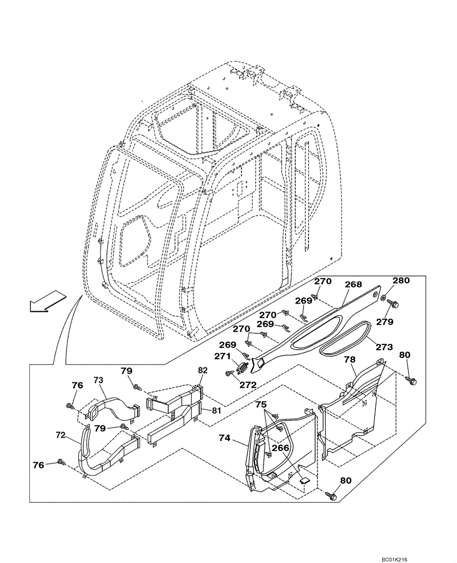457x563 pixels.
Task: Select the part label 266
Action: [x=281, y=448]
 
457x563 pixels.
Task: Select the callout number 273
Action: [x=384, y=347]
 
